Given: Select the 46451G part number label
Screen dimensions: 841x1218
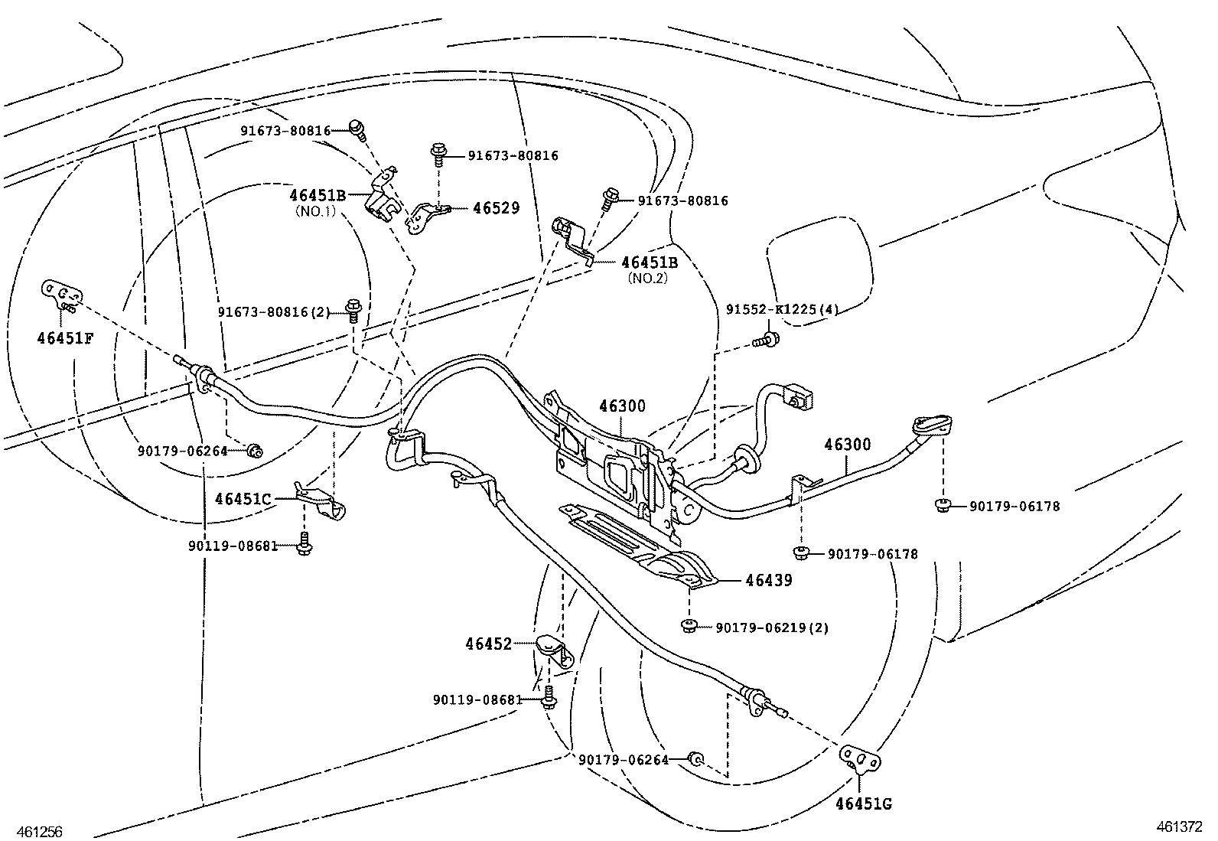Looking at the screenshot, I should (x=864, y=804).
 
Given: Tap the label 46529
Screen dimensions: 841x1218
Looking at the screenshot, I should (x=496, y=208).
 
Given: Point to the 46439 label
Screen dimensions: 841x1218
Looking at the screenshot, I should (x=769, y=580).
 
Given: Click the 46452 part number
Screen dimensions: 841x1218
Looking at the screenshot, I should (x=488, y=644).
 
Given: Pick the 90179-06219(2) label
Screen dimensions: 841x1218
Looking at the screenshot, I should (x=772, y=627).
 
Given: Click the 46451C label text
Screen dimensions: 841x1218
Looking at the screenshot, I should (x=243, y=499).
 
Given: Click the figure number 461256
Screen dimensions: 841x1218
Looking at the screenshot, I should (x=32, y=832).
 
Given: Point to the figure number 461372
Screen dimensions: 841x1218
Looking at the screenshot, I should (x=1180, y=826).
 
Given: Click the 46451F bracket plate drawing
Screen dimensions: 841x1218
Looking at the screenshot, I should (x=61, y=295).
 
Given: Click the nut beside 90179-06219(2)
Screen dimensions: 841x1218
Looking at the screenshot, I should (x=688, y=627).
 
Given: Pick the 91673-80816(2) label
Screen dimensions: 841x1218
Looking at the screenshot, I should (x=274, y=312).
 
